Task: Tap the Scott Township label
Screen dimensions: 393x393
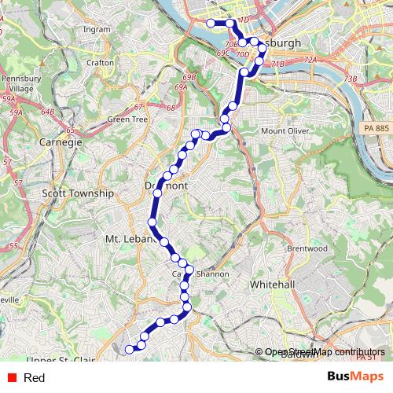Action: [x=78, y=193]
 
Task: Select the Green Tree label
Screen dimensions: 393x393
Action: [x=127, y=119]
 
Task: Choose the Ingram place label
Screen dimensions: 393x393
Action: [x=97, y=30]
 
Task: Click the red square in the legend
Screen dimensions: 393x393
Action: [x=10, y=378]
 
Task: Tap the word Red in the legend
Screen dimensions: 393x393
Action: [x=34, y=378]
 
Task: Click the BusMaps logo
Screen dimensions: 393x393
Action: [x=354, y=377]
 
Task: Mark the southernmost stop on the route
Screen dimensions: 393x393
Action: [x=130, y=348]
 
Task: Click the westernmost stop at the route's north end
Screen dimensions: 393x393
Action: [x=210, y=23]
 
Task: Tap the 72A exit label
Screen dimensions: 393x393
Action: [x=310, y=60]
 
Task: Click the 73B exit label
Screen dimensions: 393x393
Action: [x=351, y=79]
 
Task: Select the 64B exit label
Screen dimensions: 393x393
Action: [x=48, y=112]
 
